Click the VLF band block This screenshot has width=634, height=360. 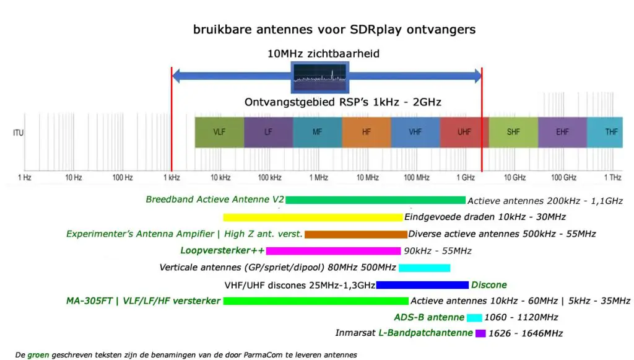click(219, 132)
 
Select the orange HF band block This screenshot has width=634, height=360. click(366, 132)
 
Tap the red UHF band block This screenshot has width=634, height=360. click(464, 132)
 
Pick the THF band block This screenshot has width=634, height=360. click(611, 132)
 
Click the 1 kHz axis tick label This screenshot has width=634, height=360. click(172, 178)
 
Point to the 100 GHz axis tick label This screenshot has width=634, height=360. click(562, 178)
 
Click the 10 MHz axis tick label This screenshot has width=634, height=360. click(367, 178)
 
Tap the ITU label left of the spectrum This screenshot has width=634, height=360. click(19, 133)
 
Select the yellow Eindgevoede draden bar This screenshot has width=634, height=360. click(313, 217)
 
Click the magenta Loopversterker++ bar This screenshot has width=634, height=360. click(333, 251)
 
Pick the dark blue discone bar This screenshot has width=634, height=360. click(422, 285)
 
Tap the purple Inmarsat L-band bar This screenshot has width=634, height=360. click(480, 333)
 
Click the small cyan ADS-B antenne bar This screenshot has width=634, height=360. click(474, 318)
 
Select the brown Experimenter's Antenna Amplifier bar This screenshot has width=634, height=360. click(355, 234)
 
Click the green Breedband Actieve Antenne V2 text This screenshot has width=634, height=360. click(215, 200)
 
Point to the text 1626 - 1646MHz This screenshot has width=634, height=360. click(525, 334)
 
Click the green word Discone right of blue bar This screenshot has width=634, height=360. click(489, 285)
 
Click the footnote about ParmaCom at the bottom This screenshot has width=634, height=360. click(186, 355)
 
